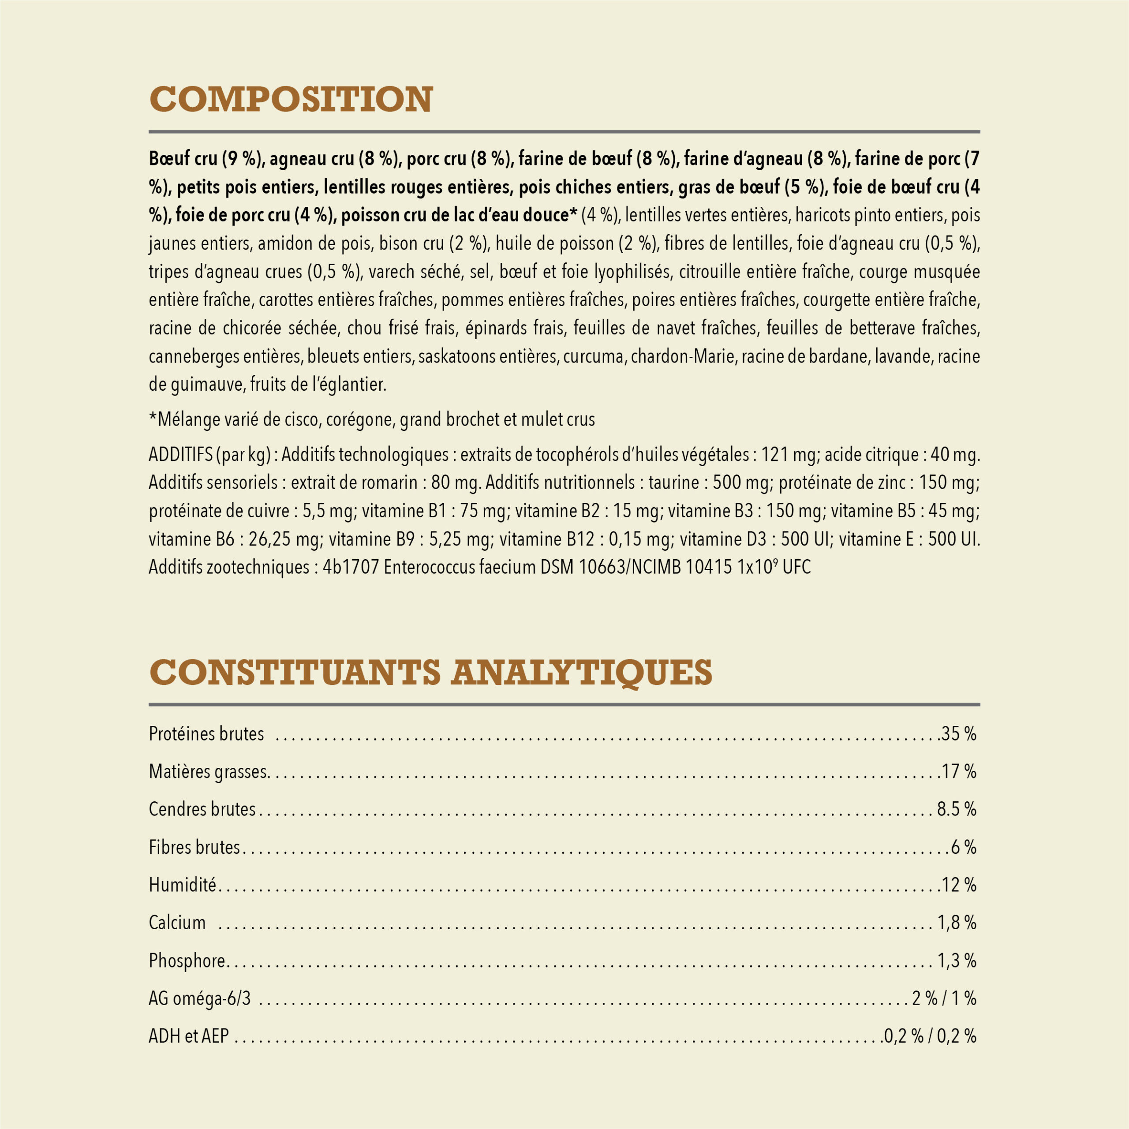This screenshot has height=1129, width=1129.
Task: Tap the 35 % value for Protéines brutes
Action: (x=958, y=734)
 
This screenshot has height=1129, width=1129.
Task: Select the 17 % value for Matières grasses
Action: (x=958, y=771)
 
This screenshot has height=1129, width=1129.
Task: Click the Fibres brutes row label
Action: (x=194, y=847)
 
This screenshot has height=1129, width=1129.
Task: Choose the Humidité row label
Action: (x=182, y=885)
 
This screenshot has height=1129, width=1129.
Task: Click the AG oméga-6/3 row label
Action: (x=199, y=999)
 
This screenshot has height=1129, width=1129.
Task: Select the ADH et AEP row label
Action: (x=188, y=1037)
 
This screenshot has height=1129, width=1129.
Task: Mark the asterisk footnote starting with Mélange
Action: (x=372, y=419)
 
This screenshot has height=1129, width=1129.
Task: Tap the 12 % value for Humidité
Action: (x=958, y=885)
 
